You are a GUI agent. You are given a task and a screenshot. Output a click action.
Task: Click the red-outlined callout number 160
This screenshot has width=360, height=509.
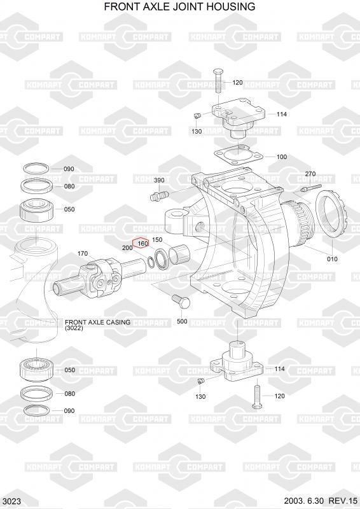tap(143, 244)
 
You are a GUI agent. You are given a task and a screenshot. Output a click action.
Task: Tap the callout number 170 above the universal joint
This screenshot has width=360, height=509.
tap(83, 253)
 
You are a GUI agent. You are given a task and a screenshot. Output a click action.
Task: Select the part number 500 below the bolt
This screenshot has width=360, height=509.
tap(182, 321)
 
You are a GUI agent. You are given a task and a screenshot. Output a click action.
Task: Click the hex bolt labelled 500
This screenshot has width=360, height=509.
tap(181, 302)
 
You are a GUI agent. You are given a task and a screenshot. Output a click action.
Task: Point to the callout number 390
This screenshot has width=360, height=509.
tap(159, 180)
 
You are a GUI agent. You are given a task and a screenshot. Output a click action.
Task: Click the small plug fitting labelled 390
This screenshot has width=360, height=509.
tap(159, 195)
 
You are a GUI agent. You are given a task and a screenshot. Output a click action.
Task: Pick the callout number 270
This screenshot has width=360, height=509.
tap(310, 174)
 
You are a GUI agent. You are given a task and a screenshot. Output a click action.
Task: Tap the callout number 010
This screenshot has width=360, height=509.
tap(332, 259)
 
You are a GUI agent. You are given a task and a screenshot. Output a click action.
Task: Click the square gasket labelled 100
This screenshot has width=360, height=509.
tap(239, 157)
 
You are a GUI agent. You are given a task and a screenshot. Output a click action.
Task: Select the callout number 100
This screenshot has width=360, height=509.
tap(282, 157)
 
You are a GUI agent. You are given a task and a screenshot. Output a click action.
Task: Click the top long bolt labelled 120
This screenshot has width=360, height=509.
tap(218, 81)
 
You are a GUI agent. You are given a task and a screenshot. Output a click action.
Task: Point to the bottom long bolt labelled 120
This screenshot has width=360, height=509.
tap(257, 396)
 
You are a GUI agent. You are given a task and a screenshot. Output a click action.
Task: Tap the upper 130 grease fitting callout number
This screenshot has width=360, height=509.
tap(197, 132)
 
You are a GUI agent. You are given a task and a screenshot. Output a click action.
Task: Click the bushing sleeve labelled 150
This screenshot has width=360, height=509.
tap(179, 253)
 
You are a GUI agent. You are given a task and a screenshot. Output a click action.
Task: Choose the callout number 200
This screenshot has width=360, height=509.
tap(127, 248)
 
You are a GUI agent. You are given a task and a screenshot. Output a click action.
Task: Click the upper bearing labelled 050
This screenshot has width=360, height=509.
tap(36, 211)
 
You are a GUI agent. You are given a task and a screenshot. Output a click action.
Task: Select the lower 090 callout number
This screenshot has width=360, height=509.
tap(69, 410)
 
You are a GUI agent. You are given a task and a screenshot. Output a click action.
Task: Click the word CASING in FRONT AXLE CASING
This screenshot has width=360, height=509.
tap(118, 322)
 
